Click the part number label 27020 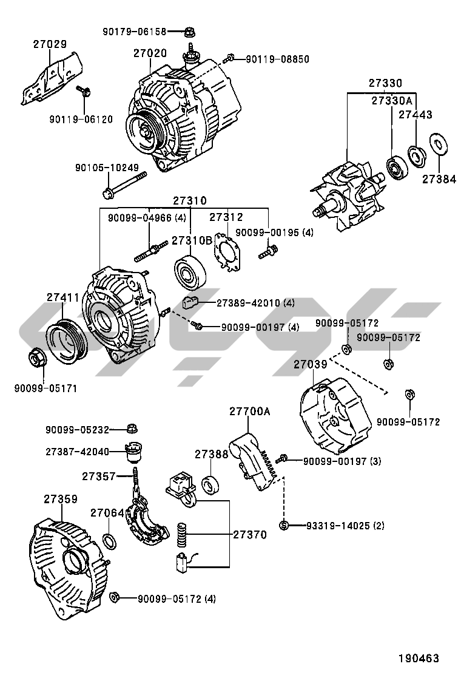pyautogui.click(x=150, y=54)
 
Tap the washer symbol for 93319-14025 pyautogui.click(x=283, y=525)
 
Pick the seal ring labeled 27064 pyautogui.click(x=109, y=540)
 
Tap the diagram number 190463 pyautogui.click(x=418, y=658)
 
